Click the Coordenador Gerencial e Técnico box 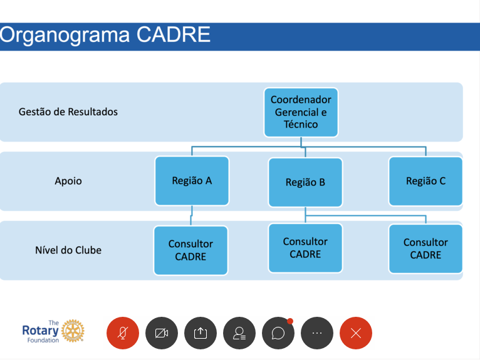pos(301,112)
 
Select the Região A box pos(192,181)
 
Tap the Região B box pos(305,182)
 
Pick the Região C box pos(425,181)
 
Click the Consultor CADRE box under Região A pos(190,250)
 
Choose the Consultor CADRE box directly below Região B pos(305,248)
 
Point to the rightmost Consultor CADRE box pos(425,249)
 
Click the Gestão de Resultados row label pos(68,112)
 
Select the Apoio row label pos(68,181)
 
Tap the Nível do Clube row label pos(68,250)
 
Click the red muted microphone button pos(123,333)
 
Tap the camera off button pos(162,333)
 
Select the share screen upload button pos(201,333)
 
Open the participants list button pos(239,333)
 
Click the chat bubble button pos(278,333)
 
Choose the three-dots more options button pos(317,333)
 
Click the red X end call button pos(356,333)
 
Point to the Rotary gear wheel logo pos(73,331)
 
